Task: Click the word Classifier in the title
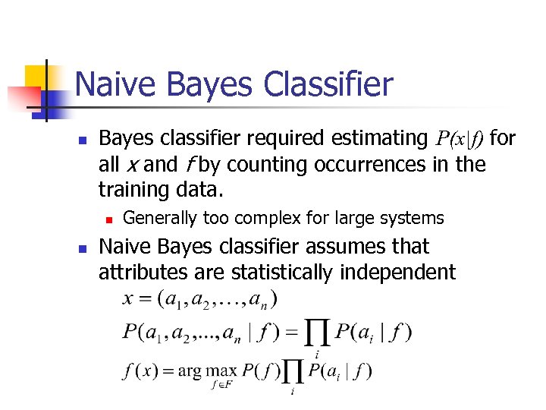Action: click(x=328, y=84)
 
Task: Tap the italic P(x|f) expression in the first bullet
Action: click(x=460, y=138)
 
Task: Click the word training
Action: click(x=133, y=190)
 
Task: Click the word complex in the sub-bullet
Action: click(x=262, y=219)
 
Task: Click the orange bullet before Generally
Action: click(x=108, y=219)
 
